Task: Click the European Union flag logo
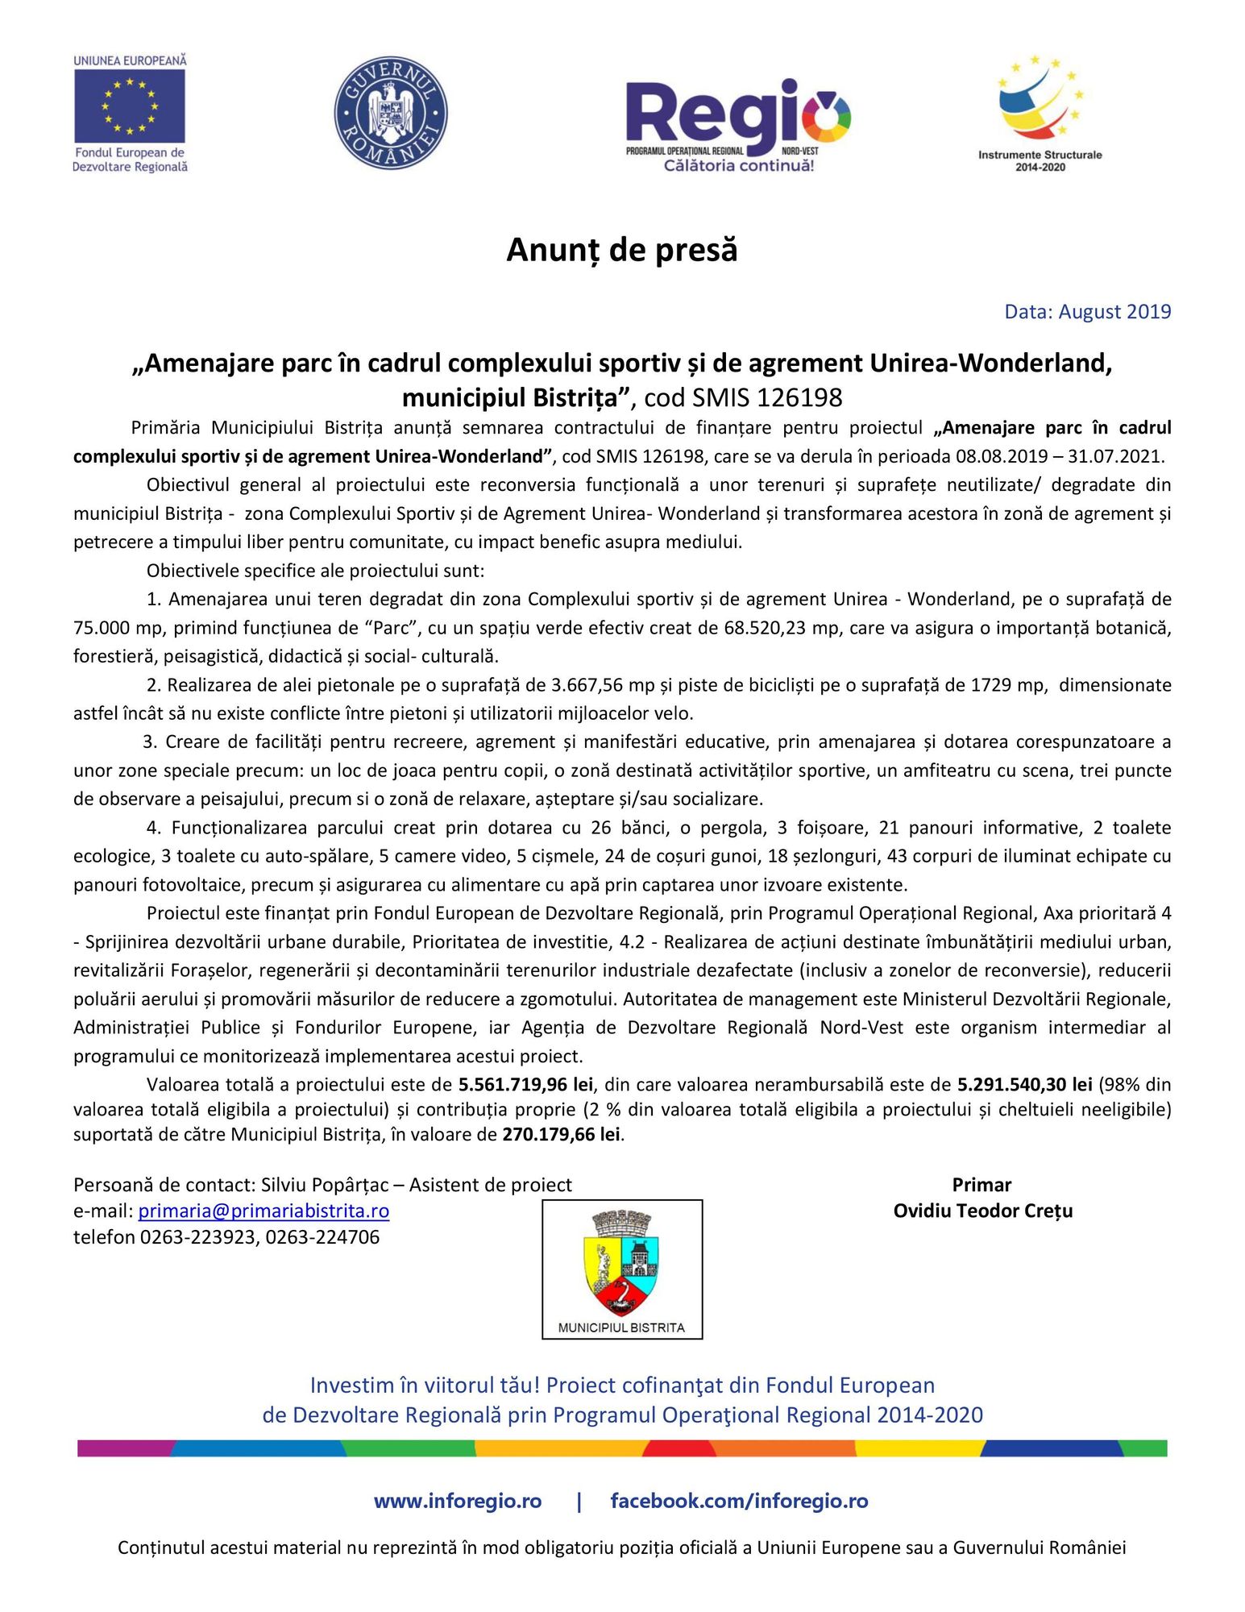point(130,106)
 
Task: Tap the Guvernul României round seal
point(391,113)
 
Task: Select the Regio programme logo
point(738,125)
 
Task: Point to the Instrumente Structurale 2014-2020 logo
point(1040,113)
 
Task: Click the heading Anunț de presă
point(622,250)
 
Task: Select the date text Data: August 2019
point(1087,312)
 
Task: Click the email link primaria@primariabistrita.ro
point(264,1211)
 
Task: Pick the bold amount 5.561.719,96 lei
point(525,1085)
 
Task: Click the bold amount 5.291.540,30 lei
point(1024,1085)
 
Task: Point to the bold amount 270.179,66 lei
point(561,1135)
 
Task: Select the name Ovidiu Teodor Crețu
point(982,1211)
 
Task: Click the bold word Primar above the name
point(981,1185)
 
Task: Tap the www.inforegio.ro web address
point(457,1501)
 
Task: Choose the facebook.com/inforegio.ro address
point(739,1501)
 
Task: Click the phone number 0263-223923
point(197,1237)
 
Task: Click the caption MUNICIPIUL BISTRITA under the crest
point(621,1327)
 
